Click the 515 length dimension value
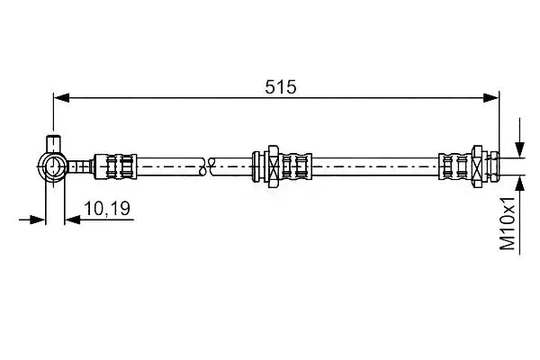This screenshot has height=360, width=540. (280, 86)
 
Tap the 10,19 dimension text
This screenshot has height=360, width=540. (107, 209)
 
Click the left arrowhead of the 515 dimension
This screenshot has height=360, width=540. (61, 98)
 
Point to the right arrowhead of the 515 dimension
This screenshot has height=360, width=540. (490, 98)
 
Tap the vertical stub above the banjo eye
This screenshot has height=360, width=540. (54, 144)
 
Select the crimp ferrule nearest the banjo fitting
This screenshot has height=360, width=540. (115, 166)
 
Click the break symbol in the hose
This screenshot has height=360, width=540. (207, 166)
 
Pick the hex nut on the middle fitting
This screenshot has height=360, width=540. (273, 166)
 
